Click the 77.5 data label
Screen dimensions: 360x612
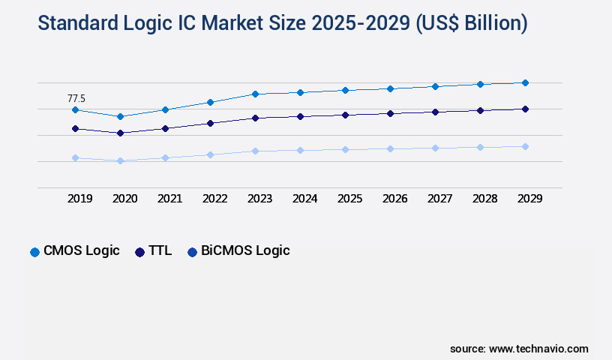(76, 98)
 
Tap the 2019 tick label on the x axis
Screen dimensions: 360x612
(79, 199)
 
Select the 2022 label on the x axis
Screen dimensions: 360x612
(214, 199)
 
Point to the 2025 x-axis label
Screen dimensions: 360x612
(349, 199)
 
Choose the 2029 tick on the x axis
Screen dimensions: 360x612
(529, 199)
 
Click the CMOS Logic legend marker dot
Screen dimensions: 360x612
(34, 252)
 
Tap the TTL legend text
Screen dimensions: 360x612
(160, 251)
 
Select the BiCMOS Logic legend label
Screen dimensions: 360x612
(245, 251)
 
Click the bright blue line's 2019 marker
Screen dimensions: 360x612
(75, 110)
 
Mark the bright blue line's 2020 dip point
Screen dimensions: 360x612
(120, 116)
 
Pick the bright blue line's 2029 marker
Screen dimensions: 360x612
(525, 82)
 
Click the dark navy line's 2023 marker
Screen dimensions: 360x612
(255, 118)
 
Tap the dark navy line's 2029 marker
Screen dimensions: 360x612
(525, 109)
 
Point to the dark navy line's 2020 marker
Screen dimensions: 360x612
(120, 133)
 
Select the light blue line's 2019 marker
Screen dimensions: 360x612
(75, 158)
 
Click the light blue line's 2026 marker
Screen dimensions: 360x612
(390, 148)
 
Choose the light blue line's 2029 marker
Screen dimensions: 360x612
(525, 146)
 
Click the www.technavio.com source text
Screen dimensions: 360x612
(538, 349)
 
